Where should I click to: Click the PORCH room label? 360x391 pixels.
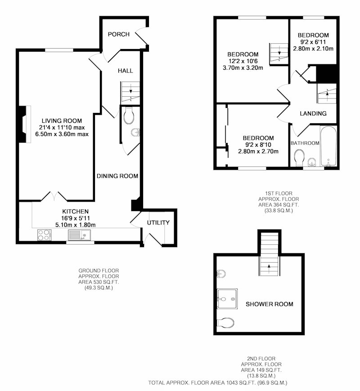(x=118, y=34)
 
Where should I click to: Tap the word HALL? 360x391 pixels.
(x=125, y=71)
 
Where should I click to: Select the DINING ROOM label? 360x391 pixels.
(x=117, y=176)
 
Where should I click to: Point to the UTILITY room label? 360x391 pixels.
(x=158, y=222)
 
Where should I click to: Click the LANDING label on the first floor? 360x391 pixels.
(x=313, y=113)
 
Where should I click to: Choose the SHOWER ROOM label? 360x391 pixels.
(x=270, y=304)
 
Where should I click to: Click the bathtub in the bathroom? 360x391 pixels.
(x=328, y=146)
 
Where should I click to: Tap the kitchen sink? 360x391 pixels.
(x=79, y=235)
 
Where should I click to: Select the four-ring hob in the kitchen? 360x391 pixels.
(x=44, y=235)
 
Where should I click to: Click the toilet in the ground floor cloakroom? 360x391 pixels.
(x=129, y=116)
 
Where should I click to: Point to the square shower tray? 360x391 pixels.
(x=227, y=299)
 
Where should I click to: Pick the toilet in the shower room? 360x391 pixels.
(x=226, y=323)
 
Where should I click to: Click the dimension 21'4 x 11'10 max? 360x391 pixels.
(x=62, y=127)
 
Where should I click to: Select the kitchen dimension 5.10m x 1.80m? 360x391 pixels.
(x=75, y=225)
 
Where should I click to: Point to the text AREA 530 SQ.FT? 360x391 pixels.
(x=99, y=282)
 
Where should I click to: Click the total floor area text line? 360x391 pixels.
(x=217, y=382)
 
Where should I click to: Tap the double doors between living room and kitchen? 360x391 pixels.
(x=54, y=197)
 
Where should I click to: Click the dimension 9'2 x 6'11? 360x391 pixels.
(x=313, y=42)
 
